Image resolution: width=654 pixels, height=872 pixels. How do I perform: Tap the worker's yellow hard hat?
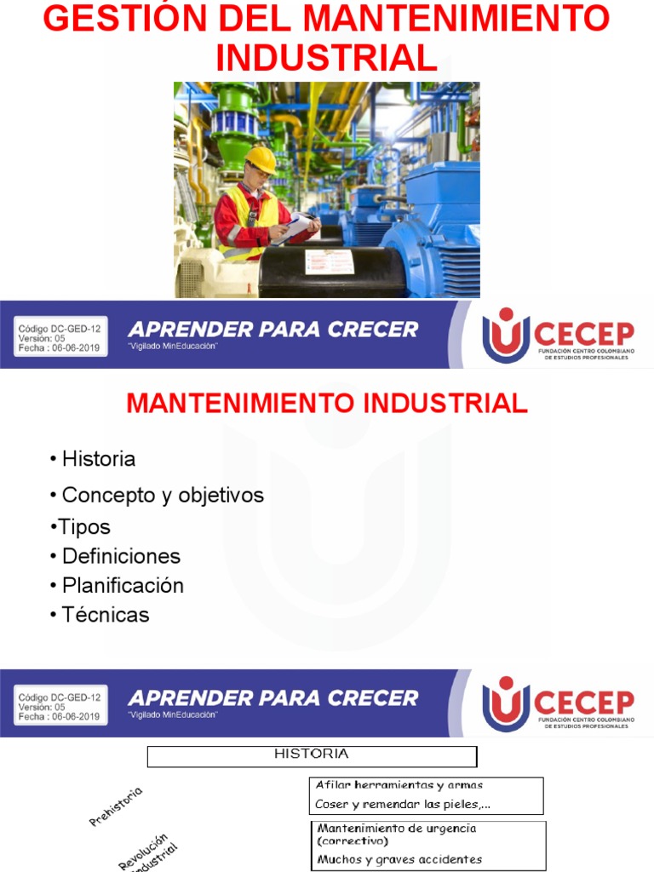click(x=261, y=158)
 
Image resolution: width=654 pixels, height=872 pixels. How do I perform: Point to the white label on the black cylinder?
click(x=328, y=261)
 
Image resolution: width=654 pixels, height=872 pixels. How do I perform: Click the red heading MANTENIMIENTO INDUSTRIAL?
click(x=327, y=404)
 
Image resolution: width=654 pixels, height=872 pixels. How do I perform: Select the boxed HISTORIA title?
click(x=312, y=754)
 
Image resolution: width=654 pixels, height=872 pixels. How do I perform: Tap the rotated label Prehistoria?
click(x=116, y=806)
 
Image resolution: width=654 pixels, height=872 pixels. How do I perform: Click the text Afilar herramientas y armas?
click(x=399, y=785)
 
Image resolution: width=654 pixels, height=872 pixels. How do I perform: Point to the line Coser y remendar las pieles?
click(x=402, y=804)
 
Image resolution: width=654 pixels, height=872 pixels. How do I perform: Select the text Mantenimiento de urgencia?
click(x=397, y=828)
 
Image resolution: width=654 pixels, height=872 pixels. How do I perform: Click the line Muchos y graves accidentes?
click(x=399, y=859)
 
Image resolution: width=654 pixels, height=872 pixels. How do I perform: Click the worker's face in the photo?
click(x=258, y=175)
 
